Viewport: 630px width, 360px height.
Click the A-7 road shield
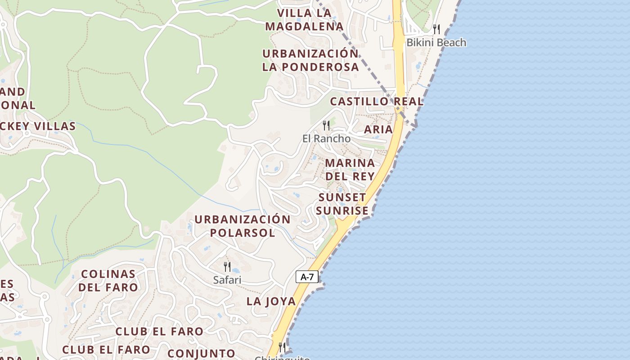[307, 277]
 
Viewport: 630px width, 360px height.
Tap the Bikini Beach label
[436, 43]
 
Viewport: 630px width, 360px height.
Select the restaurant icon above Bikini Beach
[436, 29]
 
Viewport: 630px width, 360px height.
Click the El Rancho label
[326, 139]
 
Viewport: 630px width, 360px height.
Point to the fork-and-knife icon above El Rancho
[326, 125]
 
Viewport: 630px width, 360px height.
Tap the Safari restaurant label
[227, 280]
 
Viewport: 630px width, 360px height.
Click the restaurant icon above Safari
[227, 266]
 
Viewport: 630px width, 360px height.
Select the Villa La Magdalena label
[304, 20]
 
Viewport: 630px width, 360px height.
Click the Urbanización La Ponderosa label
[310, 60]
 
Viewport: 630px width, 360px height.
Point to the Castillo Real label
[377, 101]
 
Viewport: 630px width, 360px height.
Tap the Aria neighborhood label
[378, 129]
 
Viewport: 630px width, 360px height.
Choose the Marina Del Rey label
[350, 169]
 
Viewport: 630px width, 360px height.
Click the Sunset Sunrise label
[342, 204]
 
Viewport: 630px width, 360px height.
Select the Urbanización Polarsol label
[242, 226]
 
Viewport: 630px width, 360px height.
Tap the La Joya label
[271, 301]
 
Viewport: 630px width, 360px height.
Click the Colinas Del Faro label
[108, 280]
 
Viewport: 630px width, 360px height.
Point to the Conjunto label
[201, 353]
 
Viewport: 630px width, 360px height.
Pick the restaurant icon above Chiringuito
[282, 347]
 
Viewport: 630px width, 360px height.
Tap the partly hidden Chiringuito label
[282, 358]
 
